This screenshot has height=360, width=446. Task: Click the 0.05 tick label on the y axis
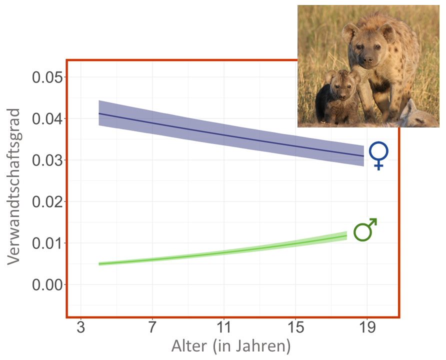[48, 77]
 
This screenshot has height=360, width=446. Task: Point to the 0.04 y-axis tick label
[48, 119]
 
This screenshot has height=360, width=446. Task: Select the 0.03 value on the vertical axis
[48, 160]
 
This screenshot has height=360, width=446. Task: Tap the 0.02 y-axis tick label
[48, 202]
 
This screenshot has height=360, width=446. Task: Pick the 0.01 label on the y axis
[48, 243]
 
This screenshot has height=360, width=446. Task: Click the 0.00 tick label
[48, 285]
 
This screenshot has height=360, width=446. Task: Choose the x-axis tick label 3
[80, 328]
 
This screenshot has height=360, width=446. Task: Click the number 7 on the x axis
[152, 328]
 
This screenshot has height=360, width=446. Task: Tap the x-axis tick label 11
[224, 328]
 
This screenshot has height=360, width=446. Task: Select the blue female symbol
[379, 155]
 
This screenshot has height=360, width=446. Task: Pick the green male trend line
[225, 252]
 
